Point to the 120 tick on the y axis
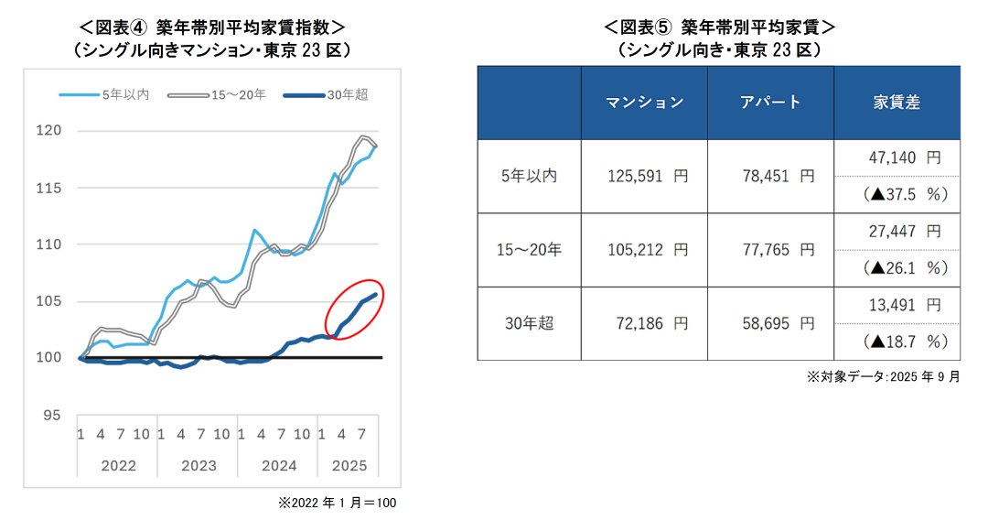click(49, 130)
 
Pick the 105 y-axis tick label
click(49, 301)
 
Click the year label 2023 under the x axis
click(199, 466)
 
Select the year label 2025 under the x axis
click(349, 466)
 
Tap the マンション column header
click(645, 103)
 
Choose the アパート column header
click(770, 103)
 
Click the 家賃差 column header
click(897, 103)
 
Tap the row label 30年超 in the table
click(529, 323)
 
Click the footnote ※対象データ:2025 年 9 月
click(883, 376)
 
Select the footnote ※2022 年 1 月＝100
click(336, 503)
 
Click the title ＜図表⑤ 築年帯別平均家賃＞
click(719, 27)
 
